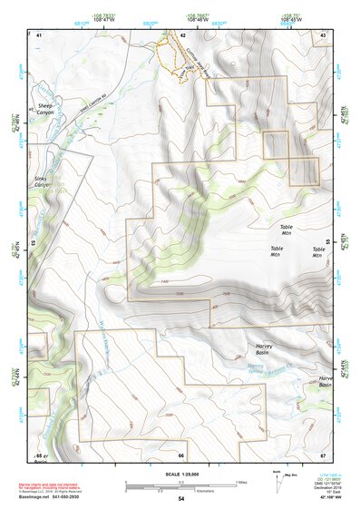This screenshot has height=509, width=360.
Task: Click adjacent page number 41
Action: click(39, 35)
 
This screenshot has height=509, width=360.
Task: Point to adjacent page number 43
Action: click(324, 35)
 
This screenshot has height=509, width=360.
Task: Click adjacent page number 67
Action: click(322, 455)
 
